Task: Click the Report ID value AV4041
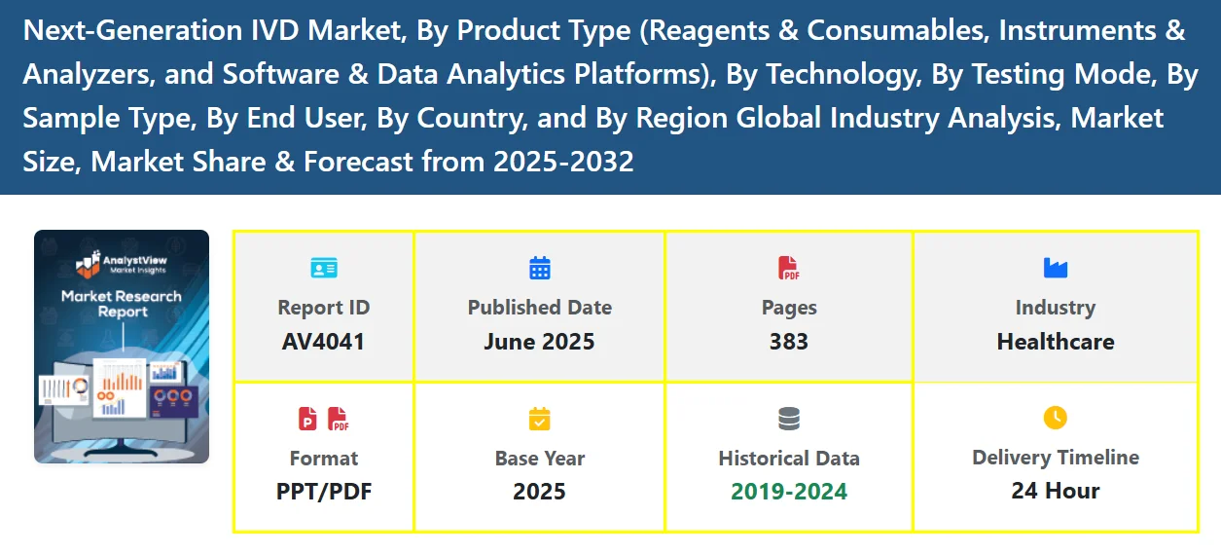(x=323, y=342)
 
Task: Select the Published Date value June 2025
(x=539, y=342)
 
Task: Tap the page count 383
(x=788, y=342)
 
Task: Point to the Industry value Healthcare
(x=1056, y=342)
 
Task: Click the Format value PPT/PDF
(x=324, y=492)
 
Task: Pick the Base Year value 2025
(x=539, y=492)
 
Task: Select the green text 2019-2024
(x=789, y=492)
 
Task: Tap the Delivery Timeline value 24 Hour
(x=1056, y=491)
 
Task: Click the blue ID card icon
(x=324, y=268)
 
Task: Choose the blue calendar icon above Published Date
(x=540, y=268)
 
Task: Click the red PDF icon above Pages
(x=788, y=268)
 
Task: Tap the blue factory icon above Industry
(x=1056, y=268)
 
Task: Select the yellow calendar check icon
(x=540, y=419)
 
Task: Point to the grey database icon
(x=789, y=419)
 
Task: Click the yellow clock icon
(x=1056, y=418)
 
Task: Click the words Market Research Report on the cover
(x=122, y=304)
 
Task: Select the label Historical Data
(x=789, y=459)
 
